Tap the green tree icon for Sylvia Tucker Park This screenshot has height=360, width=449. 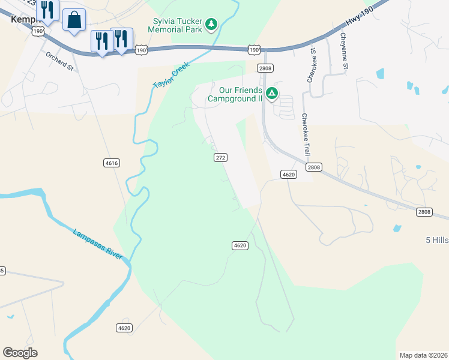pyautogui.click(x=211, y=24)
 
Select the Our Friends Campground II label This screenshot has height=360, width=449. pyautogui.click(x=235, y=94)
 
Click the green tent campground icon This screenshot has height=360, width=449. pyautogui.click(x=272, y=93)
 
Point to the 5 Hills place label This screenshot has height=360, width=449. pyautogui.click(x=436, y=240)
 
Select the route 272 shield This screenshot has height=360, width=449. pyautogui.click(x=220, y=157)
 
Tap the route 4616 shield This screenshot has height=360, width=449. pyautogui.click(x=111, y=163)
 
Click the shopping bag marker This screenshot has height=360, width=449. pyautogui.click(x=74, y=20)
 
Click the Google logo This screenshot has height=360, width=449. pyautogui.click(x=20, y=353)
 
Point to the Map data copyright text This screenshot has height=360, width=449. pyautogui.click(x=423, y=355)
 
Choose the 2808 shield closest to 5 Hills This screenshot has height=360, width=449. pyautogui.click(x=424, y=212)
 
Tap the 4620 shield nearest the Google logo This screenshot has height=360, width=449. pyautogui.click(x=124, y=328)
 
